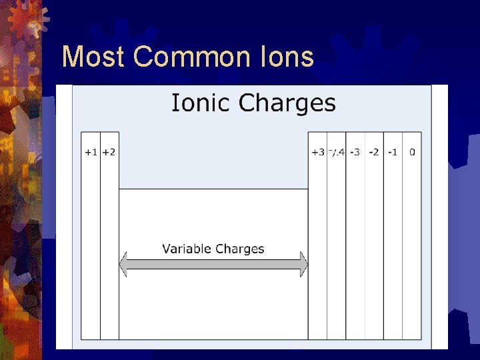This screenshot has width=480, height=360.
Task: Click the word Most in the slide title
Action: pyautogui.click(x=93, y=57)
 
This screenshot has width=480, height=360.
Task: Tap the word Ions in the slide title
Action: pyautogui.click(x=288, y=57)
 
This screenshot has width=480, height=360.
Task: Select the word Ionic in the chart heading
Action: pyautogui.click(x=202, y=103)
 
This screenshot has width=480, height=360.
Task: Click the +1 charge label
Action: pyautogui.click(x=90, y=152)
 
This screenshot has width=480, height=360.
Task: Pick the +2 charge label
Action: pyautogui.click(x=109, y=152)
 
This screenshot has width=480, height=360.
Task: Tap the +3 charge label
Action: pyautogui.click(x=317, y=152)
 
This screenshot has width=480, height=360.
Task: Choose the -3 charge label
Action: pyautogui.click(x=355, y=152)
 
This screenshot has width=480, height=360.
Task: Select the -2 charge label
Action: pyautogui.click(x=373, y=152)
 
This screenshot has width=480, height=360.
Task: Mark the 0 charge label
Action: pyautogui.click(x=412, y=152)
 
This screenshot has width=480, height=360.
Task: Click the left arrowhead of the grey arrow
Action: pyautogui.click(x=123, y=264)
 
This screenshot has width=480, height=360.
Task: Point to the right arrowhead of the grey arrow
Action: pyautogui.click(x=304, y=264)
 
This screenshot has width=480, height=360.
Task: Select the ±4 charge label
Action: pyautogui.click(x=336, y=152)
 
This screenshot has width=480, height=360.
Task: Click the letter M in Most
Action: pyautogui.click(x=73, y=57)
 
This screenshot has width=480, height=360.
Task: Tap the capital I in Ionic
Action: pyautogui.click(x=175, y=103)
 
